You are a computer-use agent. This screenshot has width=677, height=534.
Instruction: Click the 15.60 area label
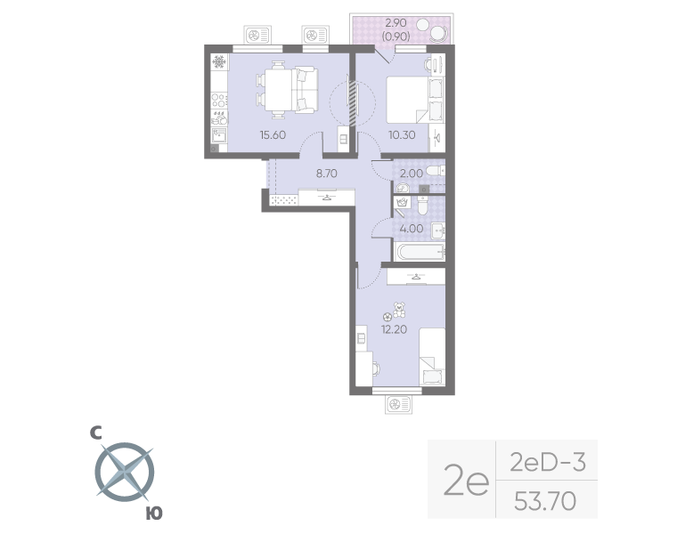click(x=272, y=135)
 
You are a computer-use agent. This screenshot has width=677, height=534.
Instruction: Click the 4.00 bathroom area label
click(x=411, y=227)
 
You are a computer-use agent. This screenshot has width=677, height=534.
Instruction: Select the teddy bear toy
click(x=400, y=310)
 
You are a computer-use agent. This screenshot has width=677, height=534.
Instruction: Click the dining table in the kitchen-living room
click(x=277, y=88)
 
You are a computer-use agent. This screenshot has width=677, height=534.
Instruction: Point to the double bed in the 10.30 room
click(x=408, y=99)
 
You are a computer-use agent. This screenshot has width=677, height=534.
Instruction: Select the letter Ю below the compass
click(x=153, y=513)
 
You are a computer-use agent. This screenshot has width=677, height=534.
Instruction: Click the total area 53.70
click(x=544, y=503)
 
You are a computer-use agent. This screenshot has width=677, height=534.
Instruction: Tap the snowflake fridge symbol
click(x=219, y=63)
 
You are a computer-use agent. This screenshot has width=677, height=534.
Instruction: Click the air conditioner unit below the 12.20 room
click(x=396, y=406)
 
